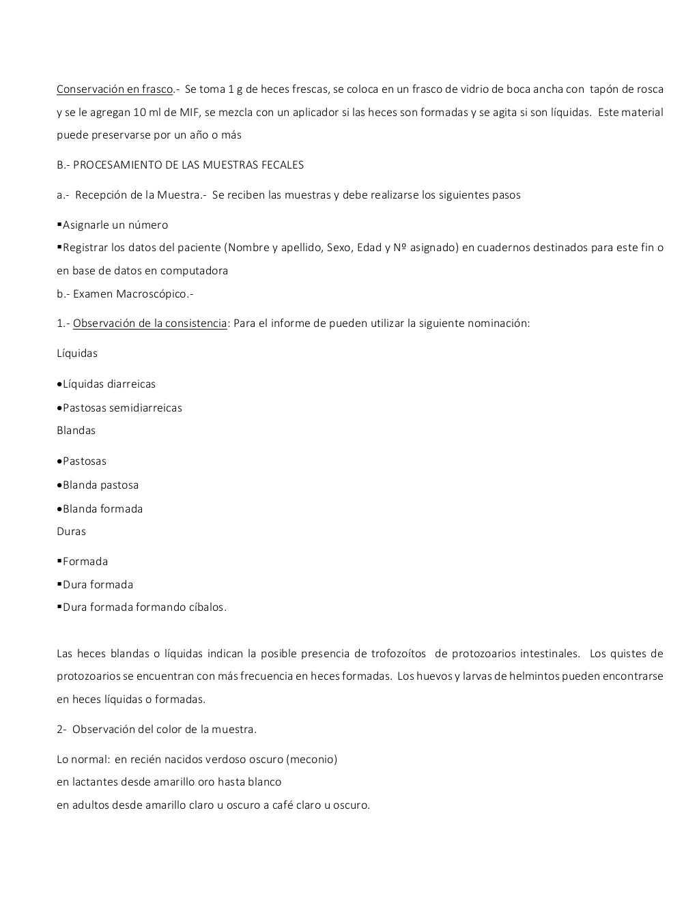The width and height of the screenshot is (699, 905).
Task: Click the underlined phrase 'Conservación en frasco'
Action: (x=115, y=89)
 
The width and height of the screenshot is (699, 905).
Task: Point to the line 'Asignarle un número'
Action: (x=115, y=225)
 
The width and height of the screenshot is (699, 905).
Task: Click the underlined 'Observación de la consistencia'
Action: (x=149, y=324)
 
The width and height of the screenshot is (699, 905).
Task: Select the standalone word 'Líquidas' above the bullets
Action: (x=77, y=354)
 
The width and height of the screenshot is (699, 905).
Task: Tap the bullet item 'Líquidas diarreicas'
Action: (x=109, y=384)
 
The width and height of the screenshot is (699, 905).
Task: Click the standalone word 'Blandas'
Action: (x=76, y=431)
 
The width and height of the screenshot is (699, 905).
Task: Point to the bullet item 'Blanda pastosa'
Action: (x=100, y=485)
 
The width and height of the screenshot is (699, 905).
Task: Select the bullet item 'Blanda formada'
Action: (x=102, y=509)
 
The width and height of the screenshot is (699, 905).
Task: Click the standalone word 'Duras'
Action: (x=71, y=532)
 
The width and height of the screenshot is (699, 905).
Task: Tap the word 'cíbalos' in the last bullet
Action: (x=207, y=607)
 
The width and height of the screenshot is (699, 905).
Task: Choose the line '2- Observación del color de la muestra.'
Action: (x=156, y=730)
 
